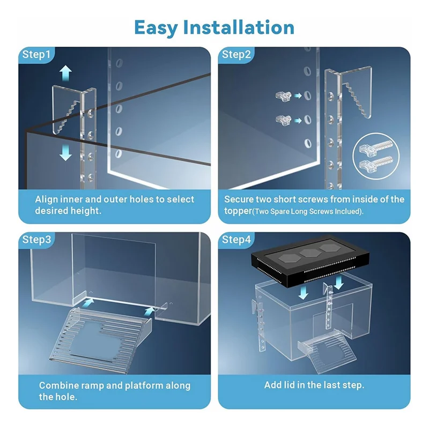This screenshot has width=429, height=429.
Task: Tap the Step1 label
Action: [36, 54]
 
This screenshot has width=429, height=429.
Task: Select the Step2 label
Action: [236, 54]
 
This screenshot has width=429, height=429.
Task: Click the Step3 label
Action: [36, 239]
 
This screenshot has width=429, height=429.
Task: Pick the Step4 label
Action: [236, 239]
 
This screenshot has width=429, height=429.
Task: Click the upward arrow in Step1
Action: [65, 72]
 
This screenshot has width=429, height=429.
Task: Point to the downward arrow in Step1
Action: [65, 152]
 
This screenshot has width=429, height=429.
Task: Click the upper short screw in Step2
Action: [279, 95]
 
